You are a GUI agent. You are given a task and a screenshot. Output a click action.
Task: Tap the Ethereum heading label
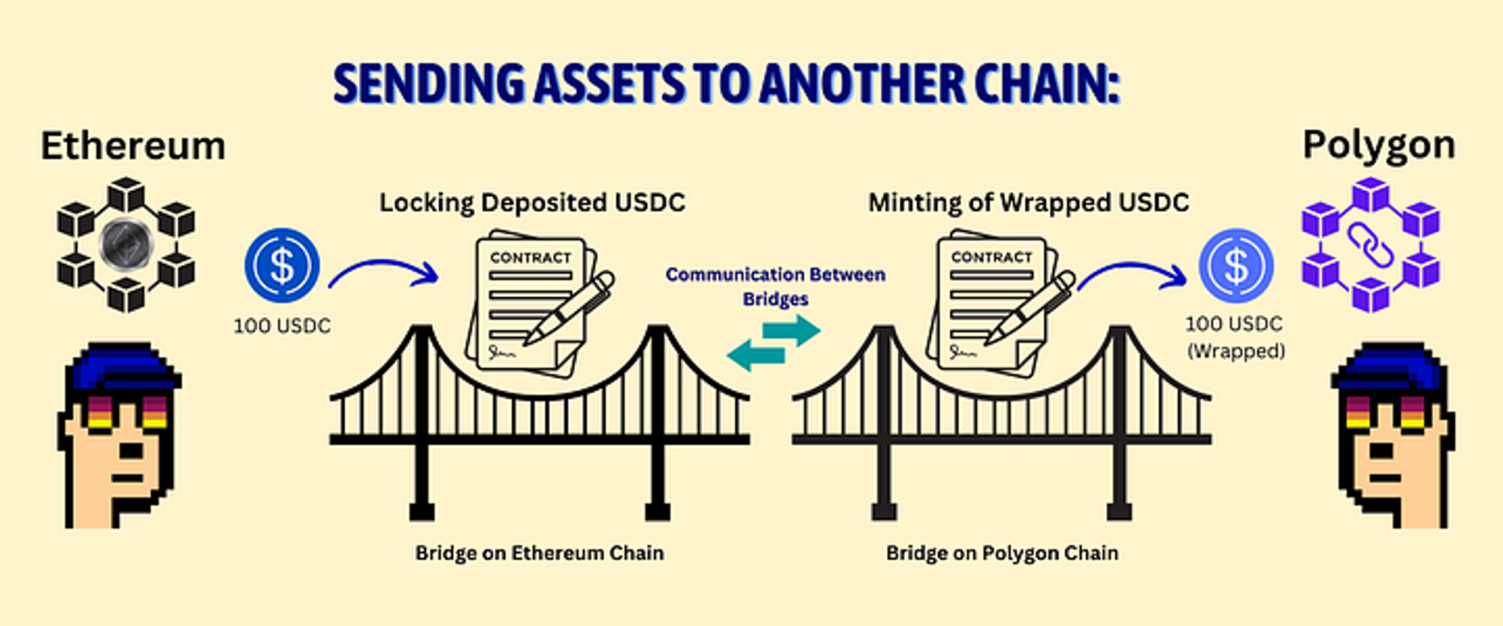(x=133, y=146)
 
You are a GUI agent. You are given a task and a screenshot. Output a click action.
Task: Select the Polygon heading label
(x=1378, y=145)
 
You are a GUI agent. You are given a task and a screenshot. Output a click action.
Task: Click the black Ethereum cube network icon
(x=126, y=244)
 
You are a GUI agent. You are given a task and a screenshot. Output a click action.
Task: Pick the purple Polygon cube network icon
(x=1370, y=245)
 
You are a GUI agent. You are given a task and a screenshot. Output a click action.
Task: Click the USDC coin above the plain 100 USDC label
(x=282, y=265)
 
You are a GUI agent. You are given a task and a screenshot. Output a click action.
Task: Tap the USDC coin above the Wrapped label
(x=1235, y=265)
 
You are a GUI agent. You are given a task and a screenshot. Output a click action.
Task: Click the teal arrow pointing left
(x=756, y=355)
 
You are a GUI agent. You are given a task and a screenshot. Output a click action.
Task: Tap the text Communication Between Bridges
(x=776, y=286)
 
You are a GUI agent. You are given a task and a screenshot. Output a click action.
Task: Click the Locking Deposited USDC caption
(x=532, y=203)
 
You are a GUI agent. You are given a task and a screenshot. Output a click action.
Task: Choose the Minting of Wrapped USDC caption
(x=1028, y=203)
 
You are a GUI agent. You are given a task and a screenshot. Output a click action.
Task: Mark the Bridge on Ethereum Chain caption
(x=540, y=553)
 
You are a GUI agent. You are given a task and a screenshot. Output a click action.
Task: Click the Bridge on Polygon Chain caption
(x=1002, y=553)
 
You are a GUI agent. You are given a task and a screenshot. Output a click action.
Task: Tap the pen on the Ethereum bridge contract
(x=570, y=309)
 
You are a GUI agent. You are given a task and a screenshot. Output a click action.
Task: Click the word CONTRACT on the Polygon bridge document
(x=991, y=257)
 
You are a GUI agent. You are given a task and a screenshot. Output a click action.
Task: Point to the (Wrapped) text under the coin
(x=1235, y=351)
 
